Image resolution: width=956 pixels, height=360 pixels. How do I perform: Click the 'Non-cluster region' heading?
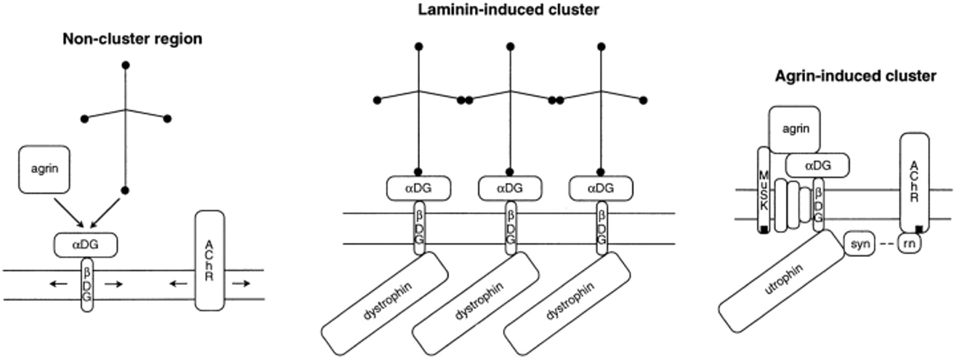(x=132, y=39)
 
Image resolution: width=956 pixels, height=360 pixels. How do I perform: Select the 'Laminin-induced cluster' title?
(x=508, y=10)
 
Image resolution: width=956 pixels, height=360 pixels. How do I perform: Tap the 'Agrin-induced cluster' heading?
(x=855, y=76)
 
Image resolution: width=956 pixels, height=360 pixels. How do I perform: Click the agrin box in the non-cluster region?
(x=44, y=169)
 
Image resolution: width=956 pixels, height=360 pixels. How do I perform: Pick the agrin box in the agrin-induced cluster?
(x=795, y=129)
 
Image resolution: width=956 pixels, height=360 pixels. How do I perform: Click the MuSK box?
(x=764, y=190)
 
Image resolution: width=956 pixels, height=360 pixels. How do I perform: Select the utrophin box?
(x=781, y=281)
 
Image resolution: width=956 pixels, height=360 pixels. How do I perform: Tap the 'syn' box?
(x=859, y=244)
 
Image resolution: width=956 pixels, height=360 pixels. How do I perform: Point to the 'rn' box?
(x=909, y=244)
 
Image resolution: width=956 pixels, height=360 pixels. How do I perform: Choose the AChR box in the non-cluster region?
(x=209, y=260)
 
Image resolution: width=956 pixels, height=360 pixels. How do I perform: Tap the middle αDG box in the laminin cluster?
(x=510, y=188)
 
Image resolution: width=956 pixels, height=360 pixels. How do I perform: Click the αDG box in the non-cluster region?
(x=86, y=245)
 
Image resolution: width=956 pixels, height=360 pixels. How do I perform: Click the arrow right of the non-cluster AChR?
(x=241, y=284)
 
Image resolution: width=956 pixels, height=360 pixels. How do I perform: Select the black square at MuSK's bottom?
(x=764, y=229)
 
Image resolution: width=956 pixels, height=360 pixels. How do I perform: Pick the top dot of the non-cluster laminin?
(x=125, y=65)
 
